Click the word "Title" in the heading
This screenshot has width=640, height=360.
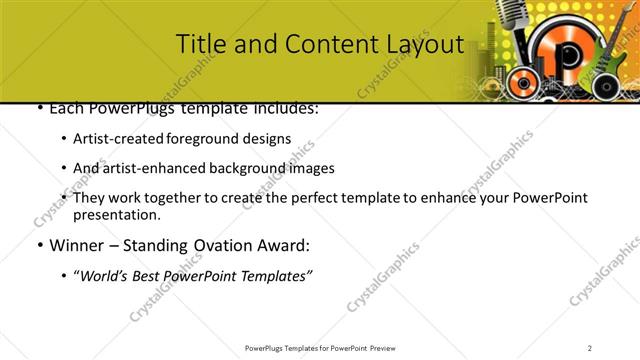point(197,44)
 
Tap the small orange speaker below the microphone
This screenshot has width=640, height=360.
point(521,80)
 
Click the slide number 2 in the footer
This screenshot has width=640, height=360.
point(590,347)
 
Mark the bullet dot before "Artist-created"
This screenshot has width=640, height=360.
point(64,140)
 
